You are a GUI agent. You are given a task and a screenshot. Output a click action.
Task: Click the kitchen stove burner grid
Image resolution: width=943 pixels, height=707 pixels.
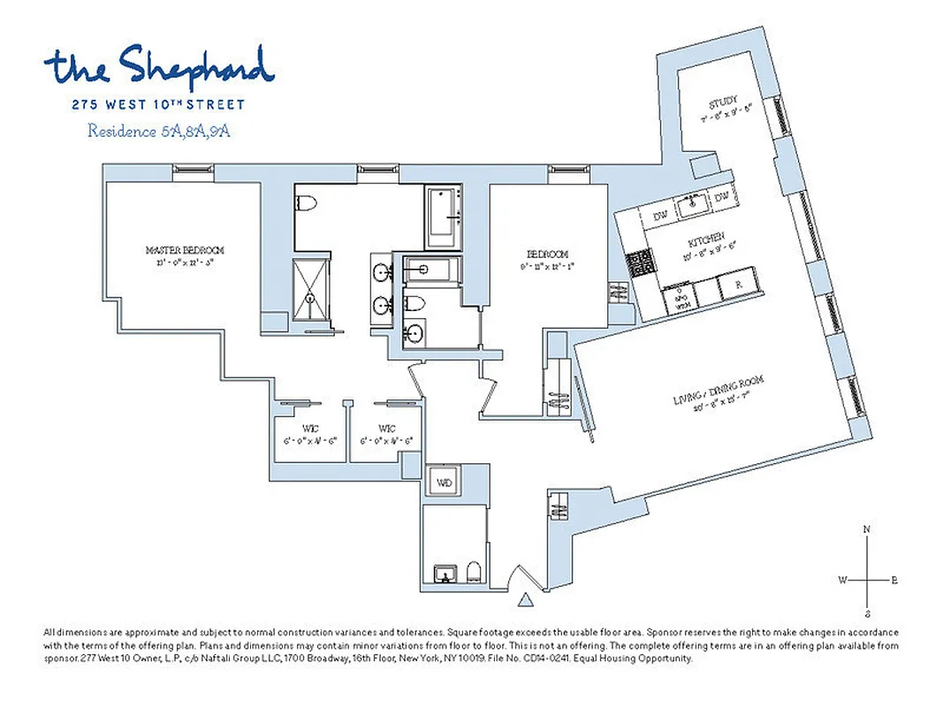pyautogui.click(x=637, y=262)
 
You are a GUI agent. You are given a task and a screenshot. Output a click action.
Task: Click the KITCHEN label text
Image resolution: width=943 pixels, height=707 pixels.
pyautogui.click(x=705, y=238)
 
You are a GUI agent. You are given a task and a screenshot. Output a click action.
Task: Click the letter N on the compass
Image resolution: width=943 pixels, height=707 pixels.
pyautogui.click(x=868, y=529)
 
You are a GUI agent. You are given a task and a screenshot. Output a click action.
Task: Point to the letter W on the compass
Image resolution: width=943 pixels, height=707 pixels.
pyautogui.click(x=843, y=580)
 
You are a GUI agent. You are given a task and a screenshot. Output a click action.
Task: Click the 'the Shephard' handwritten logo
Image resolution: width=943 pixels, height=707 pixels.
pyautogui.click(x=159, y=66)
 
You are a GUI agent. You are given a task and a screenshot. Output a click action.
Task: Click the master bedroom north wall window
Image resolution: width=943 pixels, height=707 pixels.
pyautogui.click(x=189, y=168)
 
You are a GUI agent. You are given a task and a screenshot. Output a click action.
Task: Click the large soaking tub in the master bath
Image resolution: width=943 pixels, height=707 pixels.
pyautogui.click(x=443, y=217)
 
